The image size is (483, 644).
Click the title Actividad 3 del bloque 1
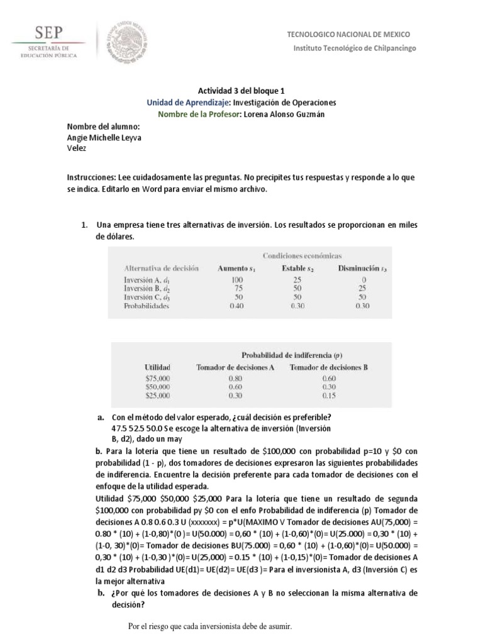pos(241,91)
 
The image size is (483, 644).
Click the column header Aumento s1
pos(238,268)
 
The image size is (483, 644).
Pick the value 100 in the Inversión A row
pos(237,279)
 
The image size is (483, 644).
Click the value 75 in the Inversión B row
pos(237,287)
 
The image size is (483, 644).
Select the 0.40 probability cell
pos(237,306)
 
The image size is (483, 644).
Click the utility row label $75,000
pos(157,379)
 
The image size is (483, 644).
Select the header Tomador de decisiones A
pos(235,367)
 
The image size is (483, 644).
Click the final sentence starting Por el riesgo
pos(209,627)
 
